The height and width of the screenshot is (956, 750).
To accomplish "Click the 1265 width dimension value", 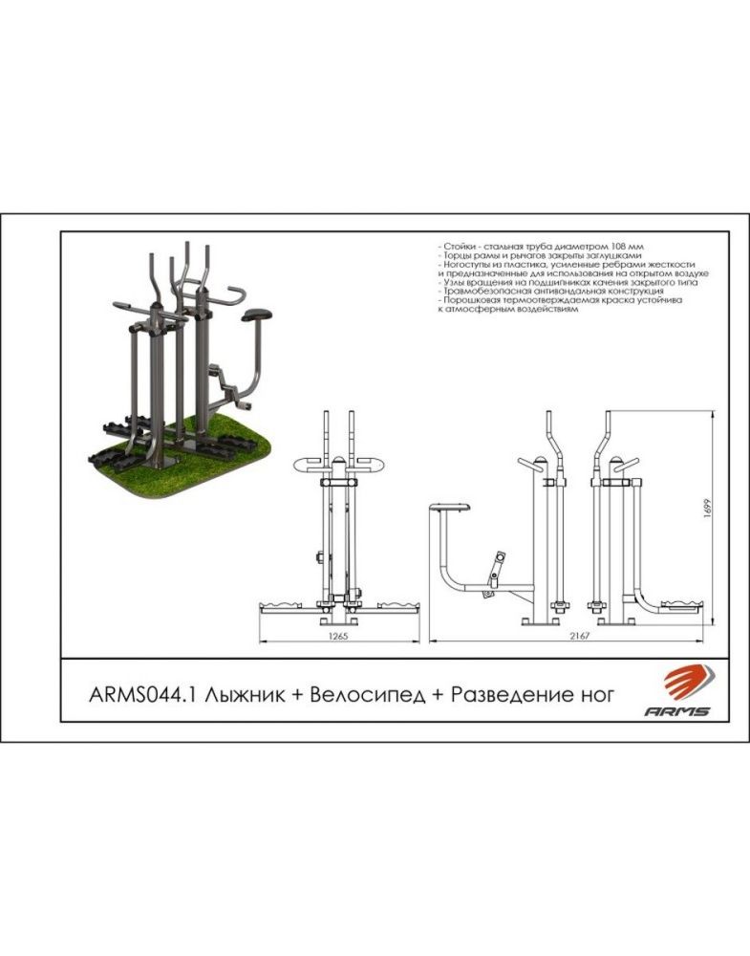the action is [x=339, y=636].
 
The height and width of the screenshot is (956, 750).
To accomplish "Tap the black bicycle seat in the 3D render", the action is [x=256, y=315].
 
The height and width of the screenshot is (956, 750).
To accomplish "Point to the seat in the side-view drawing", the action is [x=450, y=507].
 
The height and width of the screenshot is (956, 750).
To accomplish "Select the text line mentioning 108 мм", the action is [x=540, y=247].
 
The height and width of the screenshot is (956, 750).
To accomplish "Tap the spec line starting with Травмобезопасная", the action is [x=550, y=292].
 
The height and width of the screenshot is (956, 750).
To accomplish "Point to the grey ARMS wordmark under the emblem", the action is [x=676, y=711].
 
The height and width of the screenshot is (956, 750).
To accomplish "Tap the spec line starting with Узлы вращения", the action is [x=568, y=282].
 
